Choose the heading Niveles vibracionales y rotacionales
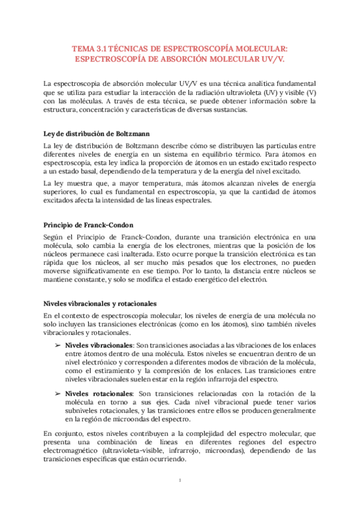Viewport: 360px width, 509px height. (100, 303)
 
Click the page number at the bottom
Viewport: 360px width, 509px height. (180, 481)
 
